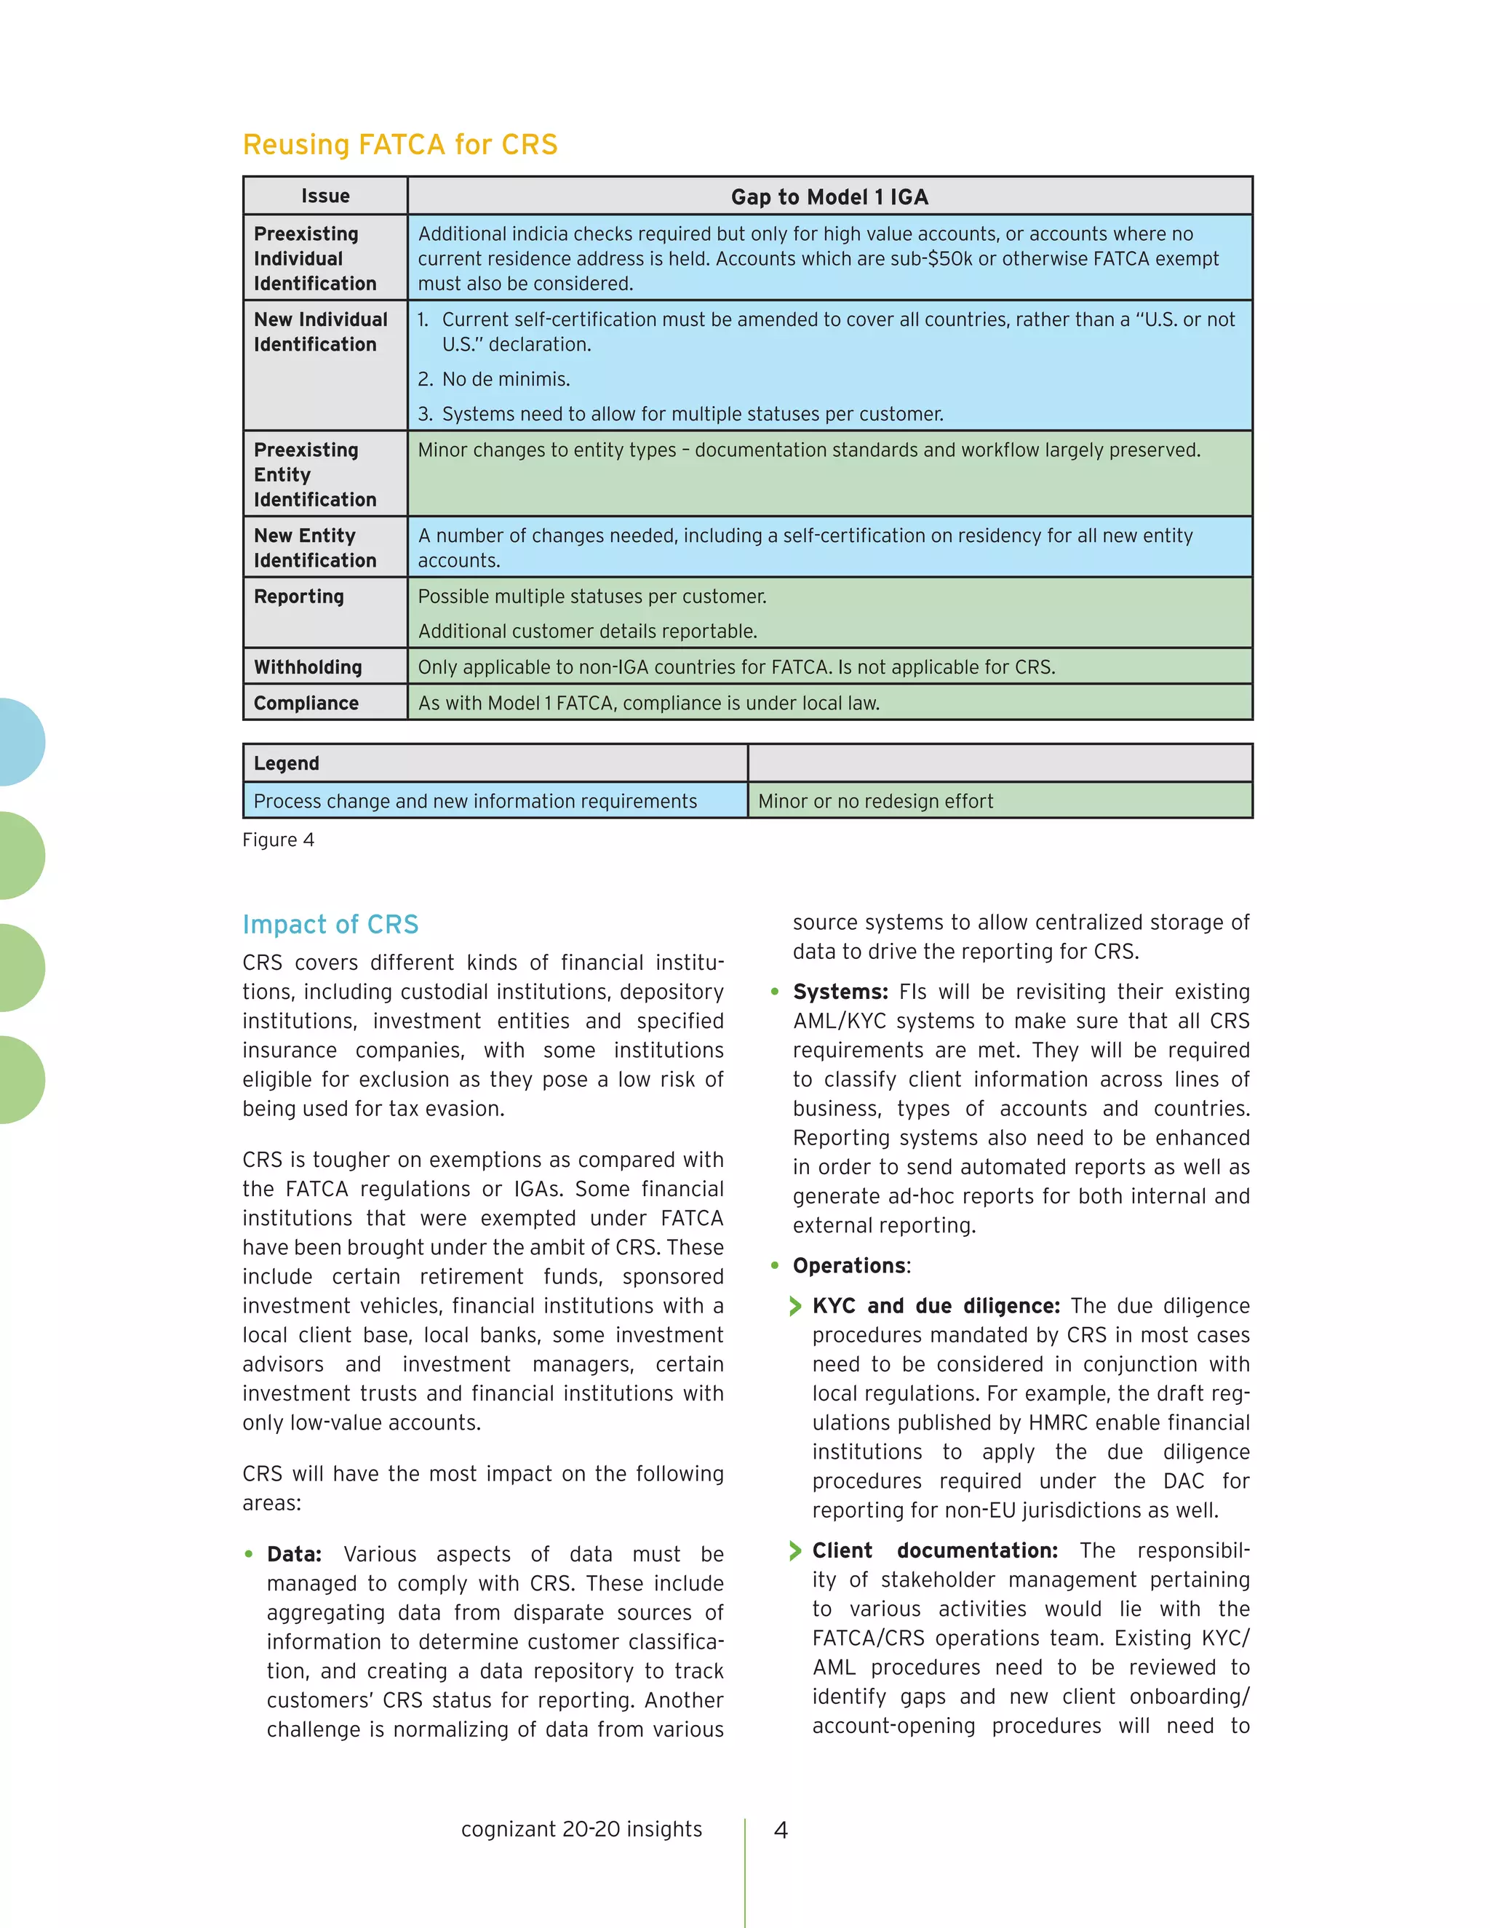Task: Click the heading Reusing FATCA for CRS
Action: coord(400,145)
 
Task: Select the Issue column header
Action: coord(324,196)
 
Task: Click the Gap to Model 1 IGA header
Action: coord(829,197)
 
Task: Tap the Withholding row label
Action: coord(307,667)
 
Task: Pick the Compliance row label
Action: coord(306,704)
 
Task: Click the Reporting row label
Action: coord(298,597)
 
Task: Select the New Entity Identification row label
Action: coord(314,549)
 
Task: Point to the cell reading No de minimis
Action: coord(506,380)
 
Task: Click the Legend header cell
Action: coord(286,764)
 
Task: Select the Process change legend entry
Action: coord(475,802)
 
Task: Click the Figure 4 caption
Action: coord(278,840)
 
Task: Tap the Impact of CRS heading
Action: coord(330,924)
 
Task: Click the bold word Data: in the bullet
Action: coord(294,1555)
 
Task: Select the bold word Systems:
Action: coord(840,992)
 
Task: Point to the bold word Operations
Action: coord(849,1266)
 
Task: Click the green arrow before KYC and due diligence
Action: coord(795,1307)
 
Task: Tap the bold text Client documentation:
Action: coord(934,1551)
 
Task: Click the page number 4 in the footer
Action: coord(781,1830)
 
